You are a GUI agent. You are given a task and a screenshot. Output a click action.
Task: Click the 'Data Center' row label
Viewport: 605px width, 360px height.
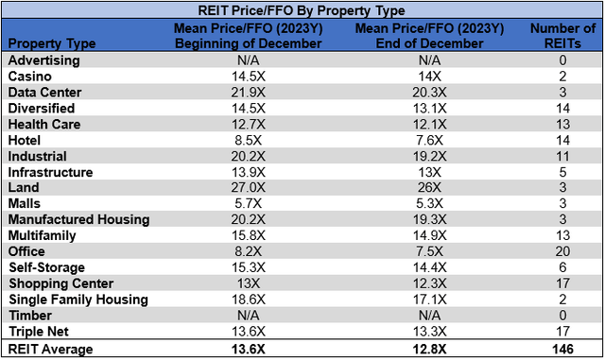tap(45, 93)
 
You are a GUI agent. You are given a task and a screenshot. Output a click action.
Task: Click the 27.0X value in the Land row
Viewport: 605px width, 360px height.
tap(247, 188)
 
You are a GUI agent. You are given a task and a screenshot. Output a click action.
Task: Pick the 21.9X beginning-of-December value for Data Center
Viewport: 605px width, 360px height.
tap(247, 93)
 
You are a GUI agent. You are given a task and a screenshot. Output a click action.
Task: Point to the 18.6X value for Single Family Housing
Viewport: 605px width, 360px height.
tap(247, 300)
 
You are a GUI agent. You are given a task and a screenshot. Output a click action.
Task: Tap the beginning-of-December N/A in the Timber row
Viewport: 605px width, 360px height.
tap(247, 316)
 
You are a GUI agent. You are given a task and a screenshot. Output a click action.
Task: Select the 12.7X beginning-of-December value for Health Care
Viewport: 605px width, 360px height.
tap(247, 124)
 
